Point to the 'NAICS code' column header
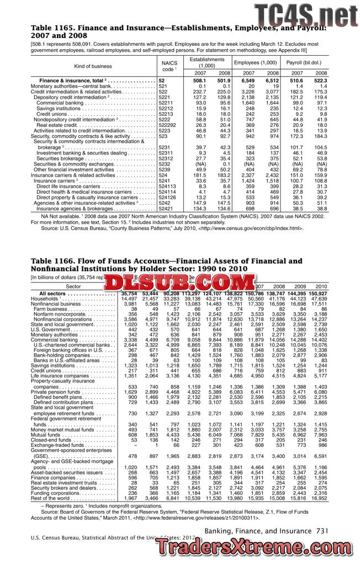[170, 66]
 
